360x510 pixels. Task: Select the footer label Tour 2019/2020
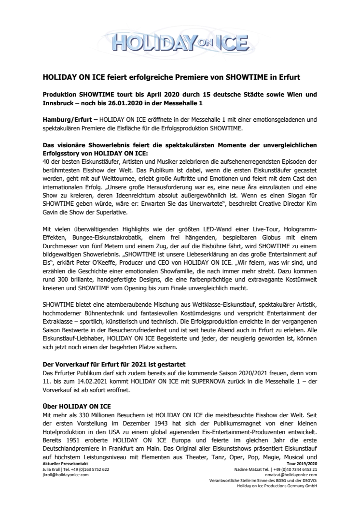coord(304,464)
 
